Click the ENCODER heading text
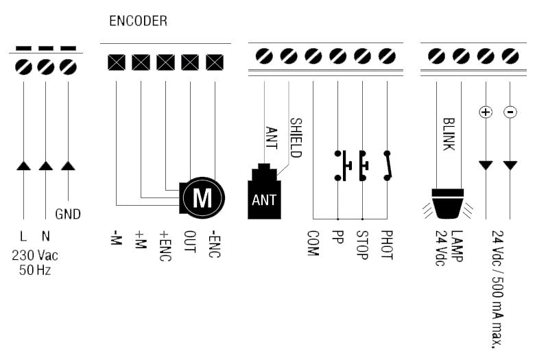click(138, 21)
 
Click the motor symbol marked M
click(202, 198)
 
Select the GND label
click(68, 215)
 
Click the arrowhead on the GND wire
click(68, 165)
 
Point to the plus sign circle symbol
click(486, 112)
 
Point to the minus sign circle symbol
click(510, 112)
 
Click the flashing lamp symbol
click(448, 204)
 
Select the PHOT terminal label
click(387, 245)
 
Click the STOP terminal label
click(362, 245)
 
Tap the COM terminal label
click(313, 243)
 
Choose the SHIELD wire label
click(296, 138)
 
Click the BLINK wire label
click(449, 134)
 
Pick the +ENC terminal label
click(165, 245)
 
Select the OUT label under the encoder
click(190, 241)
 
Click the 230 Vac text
click(35, 255)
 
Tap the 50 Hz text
click(35, 270)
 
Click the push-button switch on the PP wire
click(343, 165)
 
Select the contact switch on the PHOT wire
click(388, 165)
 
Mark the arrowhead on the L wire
click(23, 165)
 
